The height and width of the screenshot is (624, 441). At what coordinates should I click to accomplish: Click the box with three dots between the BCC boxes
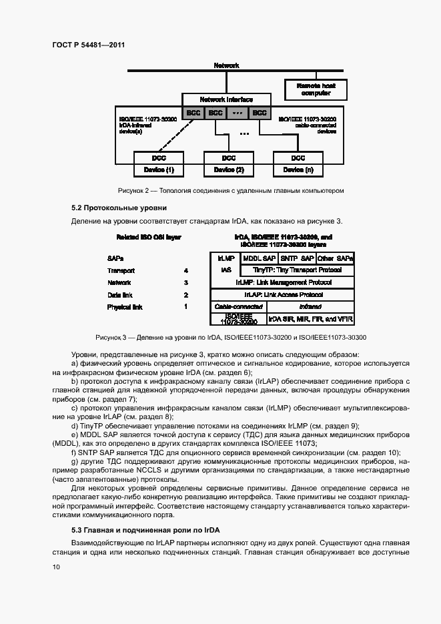238,113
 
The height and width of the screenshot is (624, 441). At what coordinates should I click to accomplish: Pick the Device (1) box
159,170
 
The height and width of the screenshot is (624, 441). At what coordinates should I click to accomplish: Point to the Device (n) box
298,170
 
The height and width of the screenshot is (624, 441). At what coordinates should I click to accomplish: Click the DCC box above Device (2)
229,158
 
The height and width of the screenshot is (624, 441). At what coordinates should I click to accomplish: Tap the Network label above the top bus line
226,65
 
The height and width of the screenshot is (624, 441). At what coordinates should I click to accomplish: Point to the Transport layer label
121,271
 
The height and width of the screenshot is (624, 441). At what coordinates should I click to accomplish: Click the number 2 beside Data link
186,295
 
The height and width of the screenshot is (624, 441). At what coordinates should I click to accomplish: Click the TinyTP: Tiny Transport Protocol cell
298,270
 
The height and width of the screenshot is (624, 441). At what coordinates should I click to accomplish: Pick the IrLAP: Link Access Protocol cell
284,294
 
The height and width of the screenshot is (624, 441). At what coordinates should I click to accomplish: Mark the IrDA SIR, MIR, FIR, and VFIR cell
311,319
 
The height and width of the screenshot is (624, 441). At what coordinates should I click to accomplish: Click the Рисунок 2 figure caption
230,191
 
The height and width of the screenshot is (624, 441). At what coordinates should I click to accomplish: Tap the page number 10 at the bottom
56,567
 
